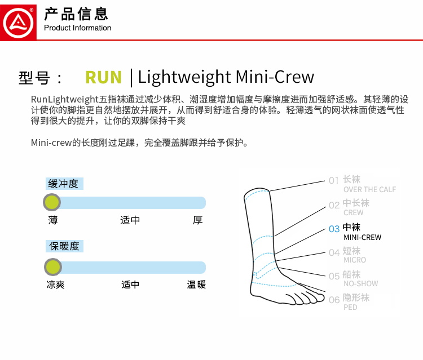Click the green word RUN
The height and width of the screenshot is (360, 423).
coord(103,77)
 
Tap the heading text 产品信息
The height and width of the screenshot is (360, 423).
coord(76,14)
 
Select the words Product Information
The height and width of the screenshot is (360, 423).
coord(78,28)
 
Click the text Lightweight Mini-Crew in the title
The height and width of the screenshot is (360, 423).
coord(226,77)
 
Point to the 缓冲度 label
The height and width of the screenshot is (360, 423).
coord(64,184)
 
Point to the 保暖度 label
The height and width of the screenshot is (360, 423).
coord(64,246)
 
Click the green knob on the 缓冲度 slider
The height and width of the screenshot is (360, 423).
coord(52,203)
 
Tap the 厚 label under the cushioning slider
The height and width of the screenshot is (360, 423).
coord(197,220)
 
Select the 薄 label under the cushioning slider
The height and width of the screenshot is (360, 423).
coord(52,220)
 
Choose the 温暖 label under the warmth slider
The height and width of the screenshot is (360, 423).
coord(196,285)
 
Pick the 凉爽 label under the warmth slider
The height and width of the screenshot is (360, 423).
coord(55,285)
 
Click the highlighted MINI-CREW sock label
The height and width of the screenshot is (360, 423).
coord(362,237)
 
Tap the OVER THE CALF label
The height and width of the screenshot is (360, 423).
coord(369,190)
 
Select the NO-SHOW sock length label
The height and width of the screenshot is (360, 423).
coord(360,284)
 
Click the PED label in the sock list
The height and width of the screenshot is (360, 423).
coord(350,307)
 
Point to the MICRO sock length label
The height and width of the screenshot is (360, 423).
coord(355,260)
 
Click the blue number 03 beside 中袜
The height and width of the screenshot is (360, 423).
coord(334,229)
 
